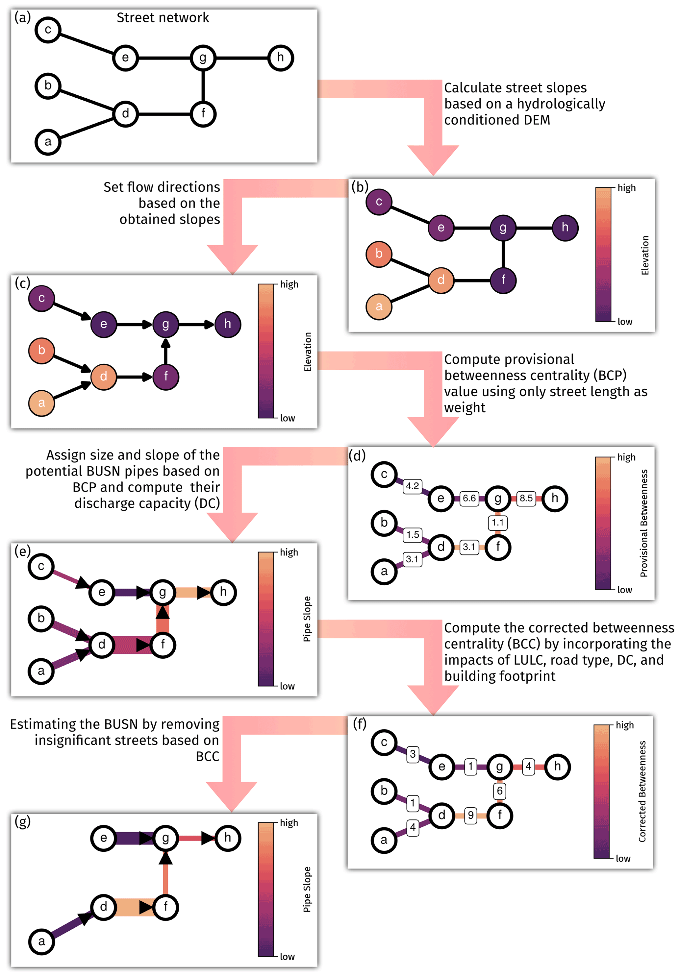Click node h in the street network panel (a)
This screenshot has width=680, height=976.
click(x=280, y=58)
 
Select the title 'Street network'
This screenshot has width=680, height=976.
click(x=163, y=18)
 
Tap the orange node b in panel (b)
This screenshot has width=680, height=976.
click(x=378, y=254)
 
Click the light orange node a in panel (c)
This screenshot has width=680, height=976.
click(x=41, y=403)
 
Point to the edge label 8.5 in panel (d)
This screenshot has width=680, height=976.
click(x=526, y=498)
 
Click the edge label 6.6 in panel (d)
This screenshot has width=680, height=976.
click(x=469, y=498)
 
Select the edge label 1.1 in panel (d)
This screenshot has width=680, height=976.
click(x=497, y=523)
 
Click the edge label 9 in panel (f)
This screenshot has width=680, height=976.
click(x=470, y=815)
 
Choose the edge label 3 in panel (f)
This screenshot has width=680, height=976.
click(x=413, y=754)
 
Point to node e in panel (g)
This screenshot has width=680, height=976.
click(x=103, y=838)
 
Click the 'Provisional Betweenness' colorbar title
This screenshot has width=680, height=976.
click(x=644, y=523)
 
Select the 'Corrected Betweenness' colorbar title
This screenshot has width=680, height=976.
click(x=642, y=792)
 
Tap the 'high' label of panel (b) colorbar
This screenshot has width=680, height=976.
click(x=626, y=188)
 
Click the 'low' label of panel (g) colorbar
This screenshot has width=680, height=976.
click(x=287, y=957)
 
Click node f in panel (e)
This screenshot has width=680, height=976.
click(x=163, y=645)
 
